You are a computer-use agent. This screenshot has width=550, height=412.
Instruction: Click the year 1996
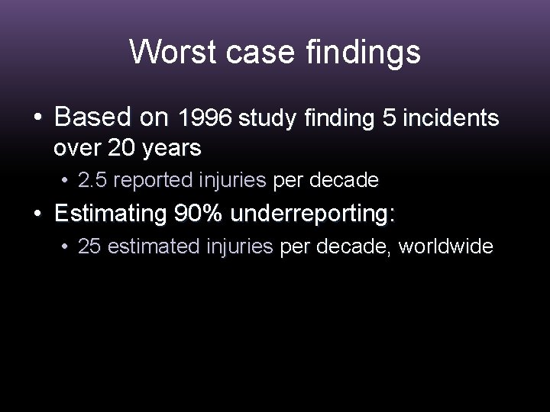coord(205,119)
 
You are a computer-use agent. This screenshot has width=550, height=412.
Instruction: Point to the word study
coord(270,119)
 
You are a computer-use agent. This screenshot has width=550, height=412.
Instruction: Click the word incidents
coord(451,119)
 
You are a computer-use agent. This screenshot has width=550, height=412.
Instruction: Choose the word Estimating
coord(111,214)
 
